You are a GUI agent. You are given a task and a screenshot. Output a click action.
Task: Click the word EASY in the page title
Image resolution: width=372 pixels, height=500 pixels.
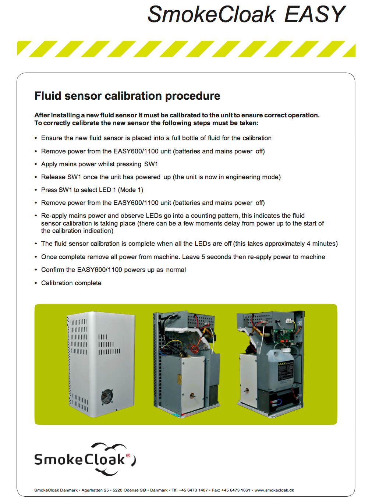(315, 14)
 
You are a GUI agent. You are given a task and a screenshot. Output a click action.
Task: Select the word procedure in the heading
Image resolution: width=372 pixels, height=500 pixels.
(193, 96)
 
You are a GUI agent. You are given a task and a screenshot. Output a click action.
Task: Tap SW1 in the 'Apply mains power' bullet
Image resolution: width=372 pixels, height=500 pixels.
(151, 164)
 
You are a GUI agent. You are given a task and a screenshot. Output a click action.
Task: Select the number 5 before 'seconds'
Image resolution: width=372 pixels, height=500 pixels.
(203, 257)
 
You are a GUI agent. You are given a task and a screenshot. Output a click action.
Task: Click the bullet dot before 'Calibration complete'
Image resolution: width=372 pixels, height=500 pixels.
(36, 283)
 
